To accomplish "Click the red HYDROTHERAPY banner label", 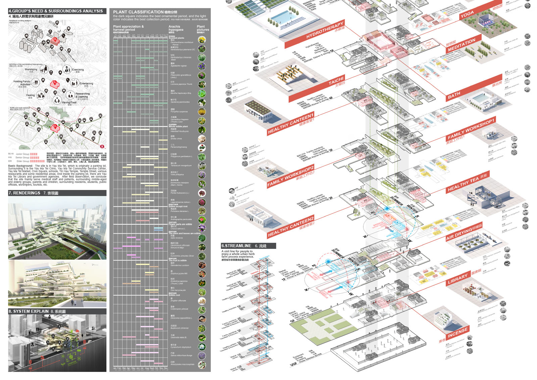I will coord(325,30).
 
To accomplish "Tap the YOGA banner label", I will coord(467,14).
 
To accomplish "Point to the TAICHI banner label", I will coord(336,82).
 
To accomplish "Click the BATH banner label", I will coord(454,96).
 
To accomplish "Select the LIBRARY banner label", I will coord(457,279).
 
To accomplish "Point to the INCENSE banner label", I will coord(457,333).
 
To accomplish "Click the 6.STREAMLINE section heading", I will coord(236,246).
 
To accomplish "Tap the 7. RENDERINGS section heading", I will coord(25,193).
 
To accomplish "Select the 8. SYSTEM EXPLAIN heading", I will coord(29,311).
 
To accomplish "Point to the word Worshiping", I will coord(31,70).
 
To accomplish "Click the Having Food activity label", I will coord(69,103).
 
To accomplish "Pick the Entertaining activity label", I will coord(86,84).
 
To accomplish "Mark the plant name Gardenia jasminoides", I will coord(180,102).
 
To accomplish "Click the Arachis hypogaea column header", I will coord(176,28).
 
